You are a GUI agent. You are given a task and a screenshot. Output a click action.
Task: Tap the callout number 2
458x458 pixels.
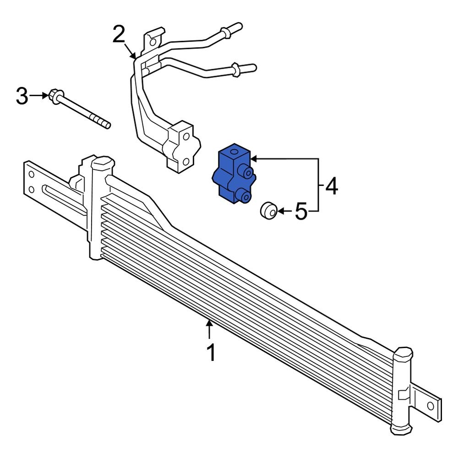(x=119, y=35)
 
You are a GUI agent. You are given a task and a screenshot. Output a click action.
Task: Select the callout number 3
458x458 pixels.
(x=22, y=96)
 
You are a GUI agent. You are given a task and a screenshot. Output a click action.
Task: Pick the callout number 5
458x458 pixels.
(x=300, y=211)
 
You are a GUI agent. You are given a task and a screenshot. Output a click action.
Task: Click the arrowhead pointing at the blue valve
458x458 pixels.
(x=253, y=158)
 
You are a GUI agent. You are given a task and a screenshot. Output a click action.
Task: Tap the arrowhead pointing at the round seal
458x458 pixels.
(x=281, y=211)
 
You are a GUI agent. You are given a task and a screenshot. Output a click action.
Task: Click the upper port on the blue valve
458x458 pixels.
(x=248, y=173)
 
